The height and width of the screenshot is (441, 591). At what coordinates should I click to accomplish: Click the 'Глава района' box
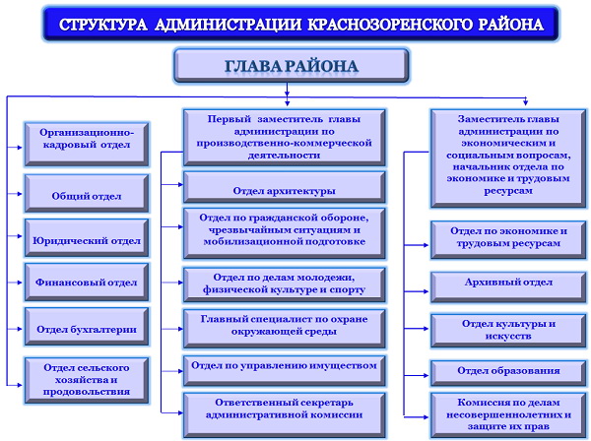pyautogui.click(x=291, y=66)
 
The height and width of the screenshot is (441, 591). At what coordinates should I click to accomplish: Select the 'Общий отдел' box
pyautogui.click(x=87, y=193)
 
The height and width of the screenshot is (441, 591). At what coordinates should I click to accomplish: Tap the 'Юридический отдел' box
pyautogui.click(x=87, y=238)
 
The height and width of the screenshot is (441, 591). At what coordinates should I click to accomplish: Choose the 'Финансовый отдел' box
pyautogui.click(x=87, y=283)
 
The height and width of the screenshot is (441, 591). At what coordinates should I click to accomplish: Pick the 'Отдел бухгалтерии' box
pyautogui.click(x=87, y=327)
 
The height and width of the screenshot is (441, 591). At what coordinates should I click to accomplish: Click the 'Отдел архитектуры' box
pyautogui.click(x=285, y=188)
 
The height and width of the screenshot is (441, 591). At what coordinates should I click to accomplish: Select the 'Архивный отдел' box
pyautogui.click(x=508, y=287)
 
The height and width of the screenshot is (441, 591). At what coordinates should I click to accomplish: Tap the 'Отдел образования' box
pyautogui.click(x=508, y=373)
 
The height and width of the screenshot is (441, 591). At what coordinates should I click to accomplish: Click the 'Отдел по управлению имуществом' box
pyautogui.click(x=285, y=371)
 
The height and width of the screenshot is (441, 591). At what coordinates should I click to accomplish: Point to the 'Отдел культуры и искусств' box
pyautogui.click(x=508, y=331)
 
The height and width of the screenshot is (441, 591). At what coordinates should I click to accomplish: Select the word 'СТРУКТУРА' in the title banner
pyautogui.click(x=102, y=25)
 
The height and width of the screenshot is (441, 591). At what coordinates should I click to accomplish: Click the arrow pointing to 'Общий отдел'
pyautogui.click(x=15, y=194)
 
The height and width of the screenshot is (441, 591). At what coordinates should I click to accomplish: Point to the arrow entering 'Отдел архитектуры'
pyautogui.click(x=172, y=184)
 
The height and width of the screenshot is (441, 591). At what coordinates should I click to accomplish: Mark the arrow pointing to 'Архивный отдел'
pyautogui.click(x=417, y=291)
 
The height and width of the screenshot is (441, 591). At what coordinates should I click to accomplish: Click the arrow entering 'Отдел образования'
pyautogui.click(x=417, y=375)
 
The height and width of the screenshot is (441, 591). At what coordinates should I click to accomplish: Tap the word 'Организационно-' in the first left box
pyautogui.click(x=87, y=133)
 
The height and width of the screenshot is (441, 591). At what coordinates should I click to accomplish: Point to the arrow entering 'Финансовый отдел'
pyautogui.click(x=15, y=283)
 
